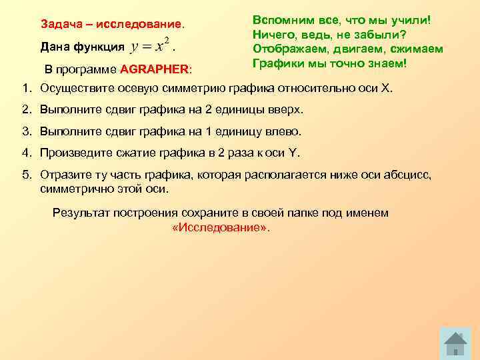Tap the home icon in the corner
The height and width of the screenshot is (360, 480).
click(455, 343)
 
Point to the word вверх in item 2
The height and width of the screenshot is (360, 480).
click(286, 109)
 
